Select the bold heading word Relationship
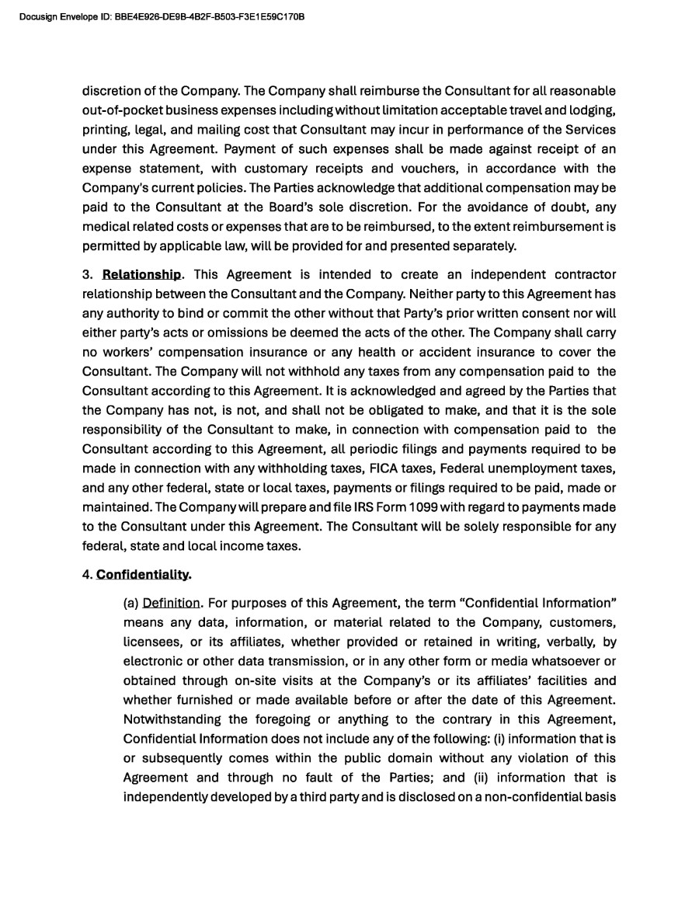coord(142,275)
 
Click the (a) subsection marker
coord(130,603)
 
